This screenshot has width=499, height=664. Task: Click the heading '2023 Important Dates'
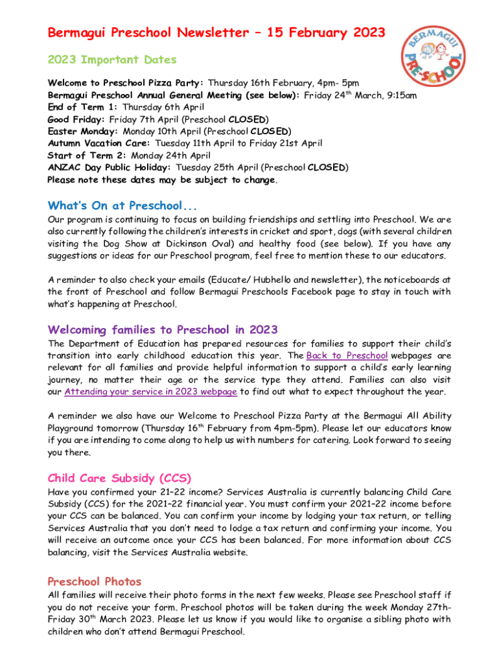coord(112,60)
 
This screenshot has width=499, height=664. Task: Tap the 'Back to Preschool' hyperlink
coord(347,355)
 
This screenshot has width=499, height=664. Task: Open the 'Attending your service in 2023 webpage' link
coord(151,392)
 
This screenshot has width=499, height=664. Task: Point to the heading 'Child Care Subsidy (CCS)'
coord(119,479)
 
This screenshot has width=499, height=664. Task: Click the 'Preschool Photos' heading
coord(95,581)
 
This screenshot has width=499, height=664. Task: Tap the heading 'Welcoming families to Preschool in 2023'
coord(163,329)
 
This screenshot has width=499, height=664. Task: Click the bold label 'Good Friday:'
coord(77,119)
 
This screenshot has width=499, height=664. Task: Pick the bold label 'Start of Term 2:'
coord(88,156)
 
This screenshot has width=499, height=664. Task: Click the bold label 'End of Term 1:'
coord(84,108)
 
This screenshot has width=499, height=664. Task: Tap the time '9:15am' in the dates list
coord(399,95)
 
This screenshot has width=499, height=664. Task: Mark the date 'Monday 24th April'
coord(171,156)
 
